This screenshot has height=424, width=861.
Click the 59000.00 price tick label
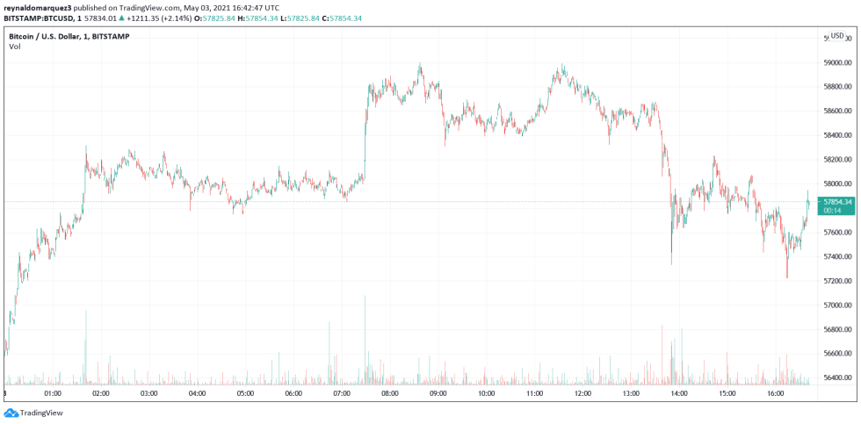click(836, 62)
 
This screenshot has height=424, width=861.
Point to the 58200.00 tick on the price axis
click(836, 160)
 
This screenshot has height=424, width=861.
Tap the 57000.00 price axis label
click(836, 305)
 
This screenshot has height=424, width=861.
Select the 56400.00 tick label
click(836, 378)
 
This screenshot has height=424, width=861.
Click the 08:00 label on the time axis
click(390, 393)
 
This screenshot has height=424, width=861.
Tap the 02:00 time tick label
click(100, 393)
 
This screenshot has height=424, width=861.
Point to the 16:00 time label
click(776, 393)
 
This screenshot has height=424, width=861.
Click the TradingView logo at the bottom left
click(27, 413)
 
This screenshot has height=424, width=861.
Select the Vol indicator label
click(15, 47)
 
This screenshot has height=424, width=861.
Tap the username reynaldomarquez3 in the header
click(38, 7)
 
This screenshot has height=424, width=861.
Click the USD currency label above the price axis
click(837, 36)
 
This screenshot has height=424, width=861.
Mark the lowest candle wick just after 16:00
click(786, 277)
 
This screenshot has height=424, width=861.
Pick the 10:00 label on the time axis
click(487, 393)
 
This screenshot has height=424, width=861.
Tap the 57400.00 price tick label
click(836, 257)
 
